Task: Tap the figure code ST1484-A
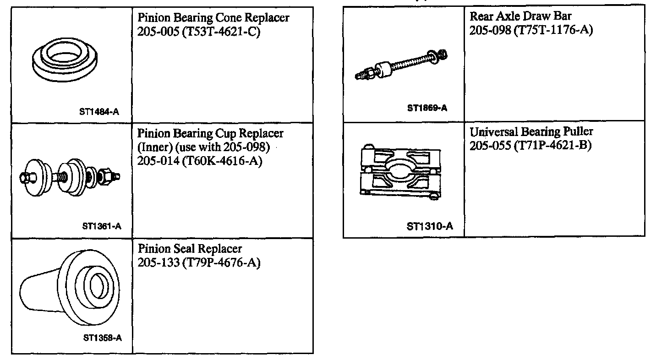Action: [x=99, y=111]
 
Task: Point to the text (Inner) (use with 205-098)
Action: [x=202, y=148]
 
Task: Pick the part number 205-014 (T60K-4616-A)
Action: [x=199, y=162]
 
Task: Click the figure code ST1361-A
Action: [x=101, y=225]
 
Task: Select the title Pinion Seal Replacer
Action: [x=190, y=249]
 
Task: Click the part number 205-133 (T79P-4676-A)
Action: [x=199, y=263]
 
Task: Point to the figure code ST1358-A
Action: [x=102, y=338]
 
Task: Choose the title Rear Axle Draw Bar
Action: [x=521, y=16]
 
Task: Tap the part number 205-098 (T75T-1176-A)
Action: [x=531, y=30]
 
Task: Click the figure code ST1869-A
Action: [x=427, y=109]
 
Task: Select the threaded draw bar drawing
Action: [x=402, y=65]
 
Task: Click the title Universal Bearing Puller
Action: [x=531, y=132]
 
